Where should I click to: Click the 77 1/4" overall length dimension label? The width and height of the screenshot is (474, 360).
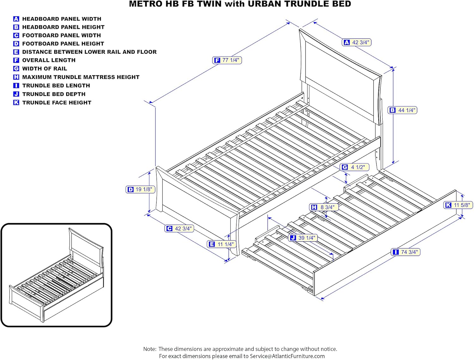click(x=227, y=60)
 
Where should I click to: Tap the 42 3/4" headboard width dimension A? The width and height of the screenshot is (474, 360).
click(x=356, y=42)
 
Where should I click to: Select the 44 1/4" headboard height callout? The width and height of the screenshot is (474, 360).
click(x=402, y=110)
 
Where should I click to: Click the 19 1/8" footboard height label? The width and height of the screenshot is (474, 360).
click(x=140, y=189)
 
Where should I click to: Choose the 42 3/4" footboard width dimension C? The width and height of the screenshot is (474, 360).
click(x=179, y=229)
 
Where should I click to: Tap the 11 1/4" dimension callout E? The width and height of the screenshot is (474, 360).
click(x=221, y=244)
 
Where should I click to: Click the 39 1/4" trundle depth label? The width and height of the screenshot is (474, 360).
click(x=303, y=238)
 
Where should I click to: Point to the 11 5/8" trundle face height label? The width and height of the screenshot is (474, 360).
click(x=458, y=205)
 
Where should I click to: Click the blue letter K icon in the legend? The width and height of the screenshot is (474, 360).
click(x=16, y=102)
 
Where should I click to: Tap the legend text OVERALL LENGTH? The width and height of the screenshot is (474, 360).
click(x=49, y=60)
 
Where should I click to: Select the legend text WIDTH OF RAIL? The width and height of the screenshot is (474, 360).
click(x=45, y=69)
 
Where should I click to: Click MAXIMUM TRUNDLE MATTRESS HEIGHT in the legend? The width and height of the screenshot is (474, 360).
click(x=81, y=77)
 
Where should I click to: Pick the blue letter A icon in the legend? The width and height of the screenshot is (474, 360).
click(x=16, y=19)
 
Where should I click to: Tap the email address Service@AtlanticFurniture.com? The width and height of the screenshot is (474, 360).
click(x=287, y=356)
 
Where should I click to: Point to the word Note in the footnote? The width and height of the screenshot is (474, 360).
click(x=149, y=349)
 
